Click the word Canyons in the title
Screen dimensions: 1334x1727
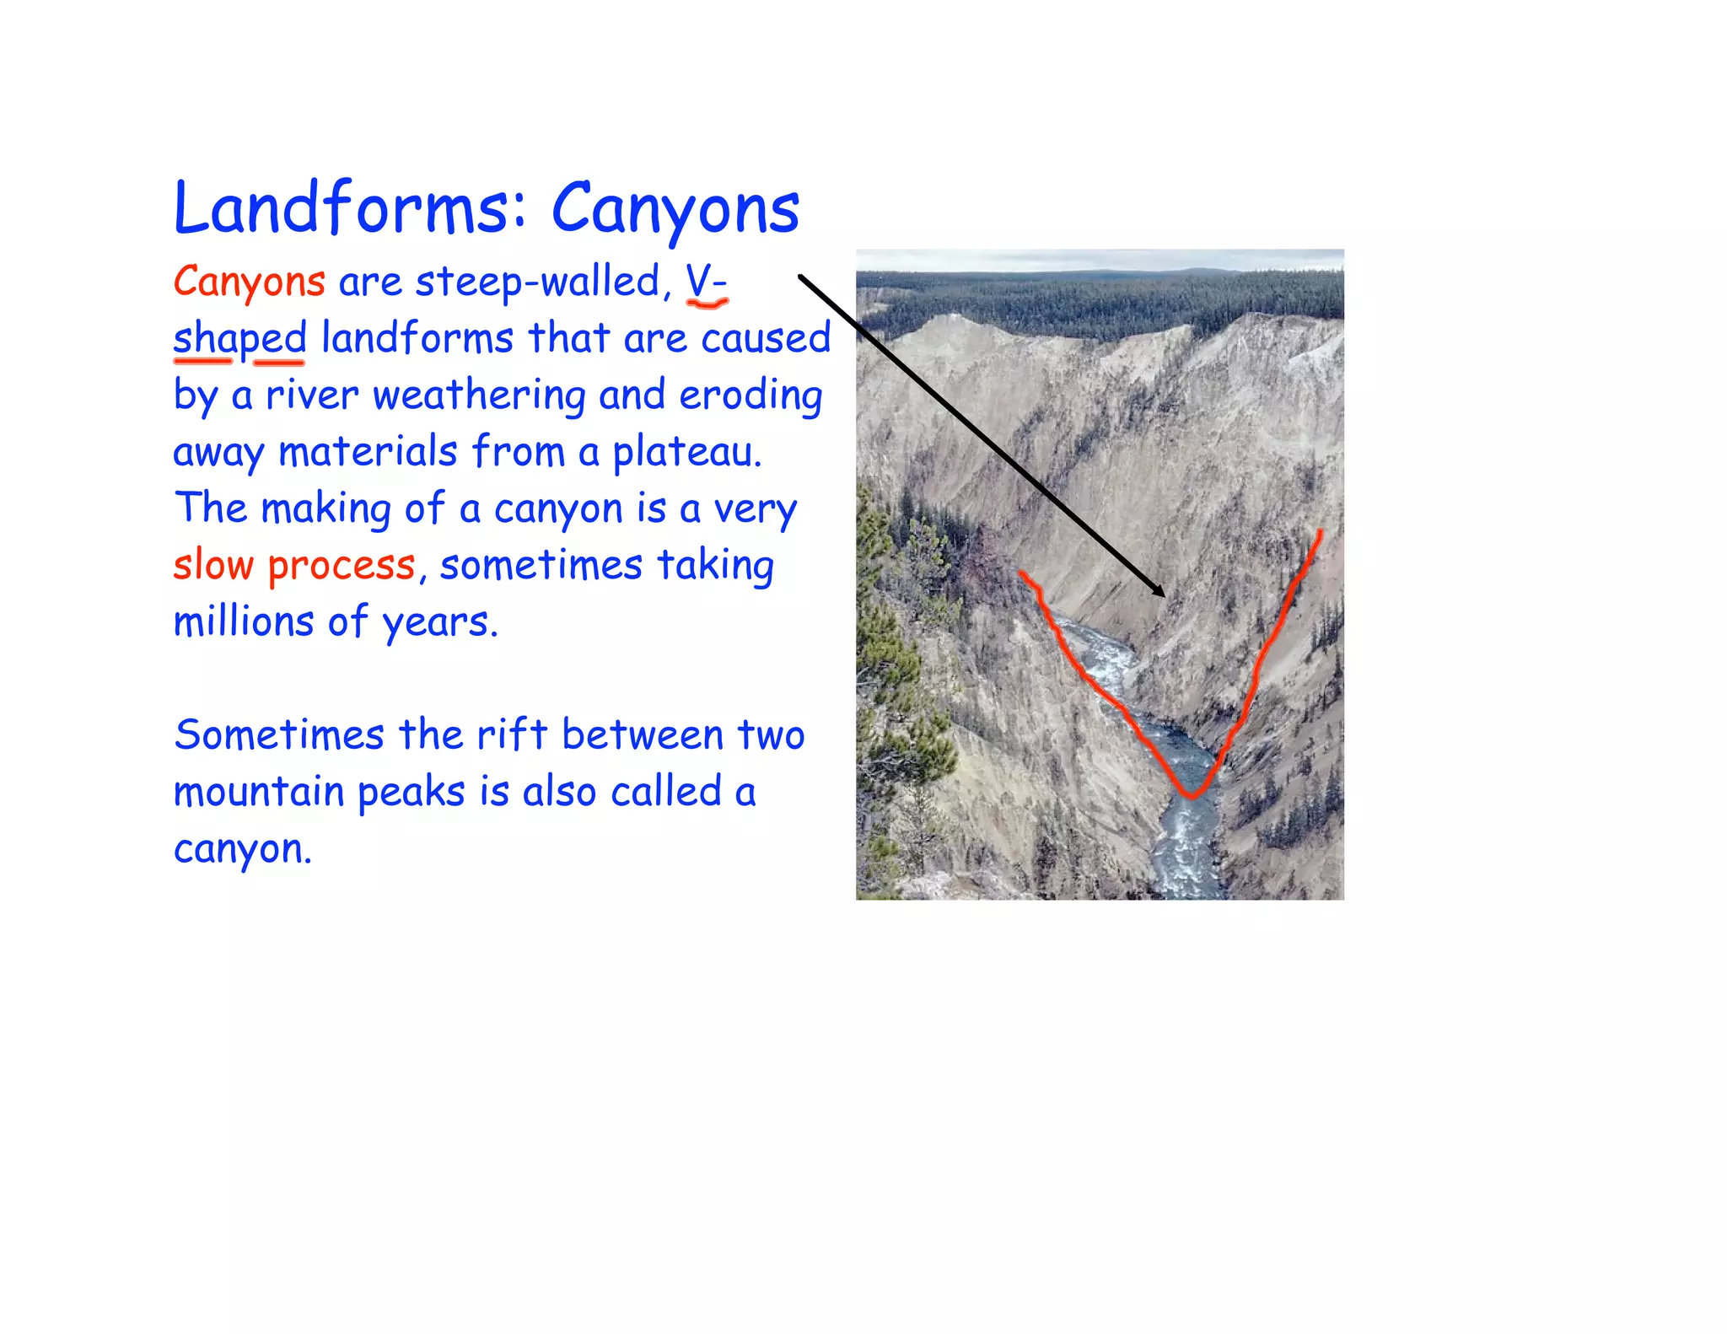click(x=675, y=208)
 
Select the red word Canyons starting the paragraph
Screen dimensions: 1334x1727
click(x=249, y=282)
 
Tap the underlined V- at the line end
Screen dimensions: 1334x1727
click(x=706, y=282)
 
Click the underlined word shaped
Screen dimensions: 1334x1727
click(x=239, y=339)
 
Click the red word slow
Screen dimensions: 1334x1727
click(x=213, y=565)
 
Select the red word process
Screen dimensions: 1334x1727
click(x=342, y=565)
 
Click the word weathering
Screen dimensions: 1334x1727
click(x=478, y=395)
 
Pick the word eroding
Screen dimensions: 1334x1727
click(x=751, y=395)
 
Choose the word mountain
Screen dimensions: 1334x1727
click(x=259, y=792)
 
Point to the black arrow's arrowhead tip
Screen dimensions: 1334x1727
click(x=1165, y=596)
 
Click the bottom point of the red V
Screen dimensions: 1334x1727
click(x=1191, y=795)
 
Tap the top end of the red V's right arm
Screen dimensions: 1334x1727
click(x=1320, y=532)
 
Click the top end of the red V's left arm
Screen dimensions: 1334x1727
click(x=1021, y=573)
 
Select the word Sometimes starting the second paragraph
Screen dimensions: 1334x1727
click(x=279, y=734)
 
